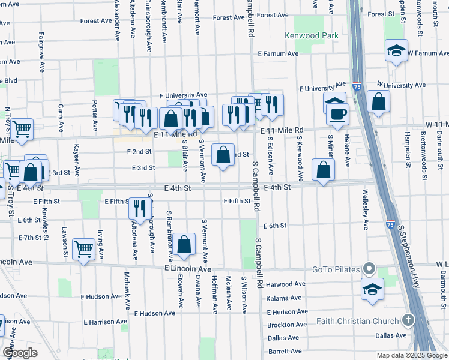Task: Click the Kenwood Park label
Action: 312,36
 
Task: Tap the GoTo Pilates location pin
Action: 369,269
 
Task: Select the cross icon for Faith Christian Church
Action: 409,320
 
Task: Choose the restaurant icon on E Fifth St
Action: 139,209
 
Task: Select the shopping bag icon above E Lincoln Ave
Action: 185,244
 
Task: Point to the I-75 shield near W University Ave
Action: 357,87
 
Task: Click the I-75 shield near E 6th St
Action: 390,225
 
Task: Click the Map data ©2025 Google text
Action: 411,355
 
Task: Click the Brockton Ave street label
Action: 288,325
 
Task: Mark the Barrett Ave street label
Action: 285,351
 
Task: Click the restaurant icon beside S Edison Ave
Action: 272,106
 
